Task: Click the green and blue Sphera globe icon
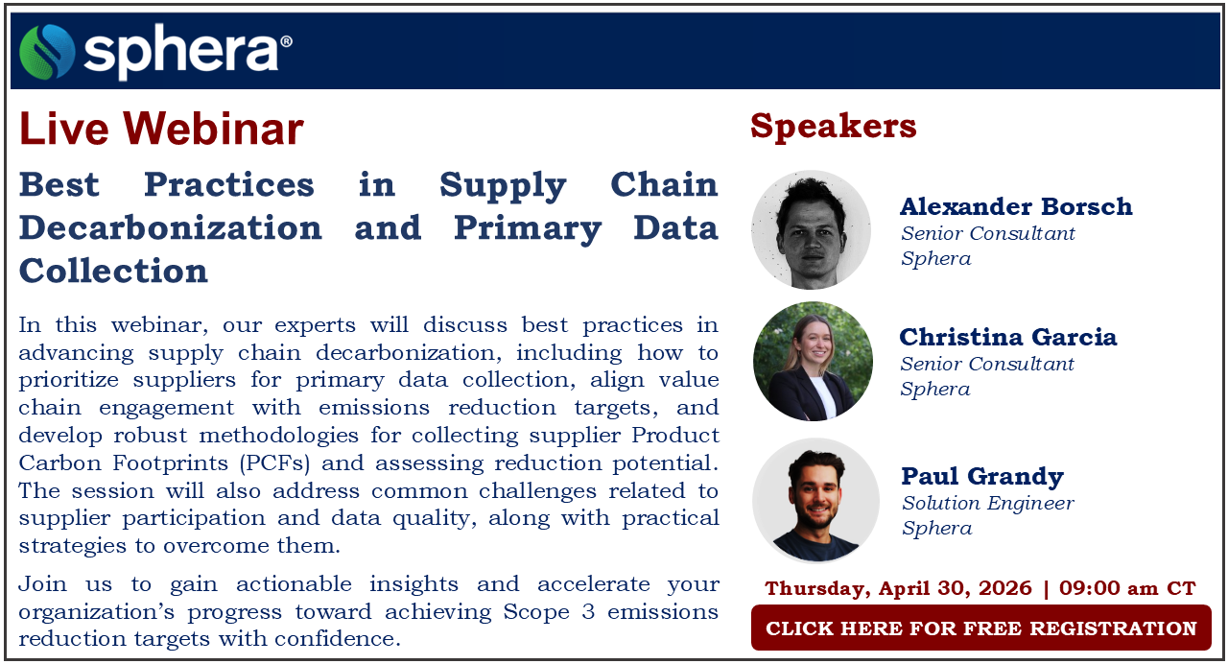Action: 47,52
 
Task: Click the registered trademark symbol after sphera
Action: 286,42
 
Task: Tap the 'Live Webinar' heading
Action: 161,129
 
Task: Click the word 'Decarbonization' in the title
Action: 171,227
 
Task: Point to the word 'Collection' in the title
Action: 113,271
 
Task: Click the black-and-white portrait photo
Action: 811,229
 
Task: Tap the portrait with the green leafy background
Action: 813,362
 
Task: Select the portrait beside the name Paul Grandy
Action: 815,501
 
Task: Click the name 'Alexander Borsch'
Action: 1016,206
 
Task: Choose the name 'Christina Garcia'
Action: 1007,337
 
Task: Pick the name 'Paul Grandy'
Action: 982,476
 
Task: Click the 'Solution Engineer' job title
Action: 988,504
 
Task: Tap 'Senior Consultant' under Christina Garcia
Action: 987,364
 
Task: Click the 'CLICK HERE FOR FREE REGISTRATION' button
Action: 981,628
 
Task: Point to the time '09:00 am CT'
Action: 1127,588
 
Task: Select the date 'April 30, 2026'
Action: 956,588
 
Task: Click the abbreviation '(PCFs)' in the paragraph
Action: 274,463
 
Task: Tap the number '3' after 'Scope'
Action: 588,612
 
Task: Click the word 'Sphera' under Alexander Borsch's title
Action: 935,259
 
